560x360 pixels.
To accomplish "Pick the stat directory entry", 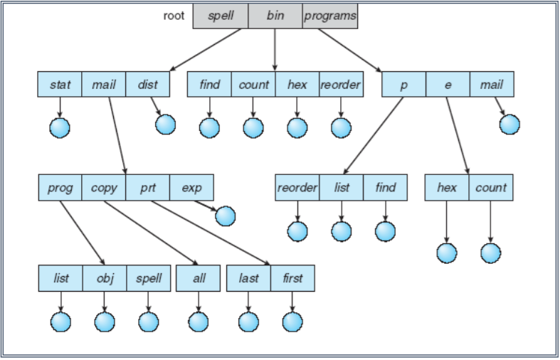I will pyautogui.click(x=60, y=85).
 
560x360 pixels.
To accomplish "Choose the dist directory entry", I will pyautogui.click(x=147, y=85).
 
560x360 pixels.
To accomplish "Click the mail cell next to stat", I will pyautogui.click(x=104, y=85).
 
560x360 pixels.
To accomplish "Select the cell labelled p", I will pyautogui.click(x=403, y=85).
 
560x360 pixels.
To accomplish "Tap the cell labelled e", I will pyautogui.click(x=448, y=85).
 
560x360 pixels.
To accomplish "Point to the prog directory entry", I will pyautogui.click(x=60, y=188).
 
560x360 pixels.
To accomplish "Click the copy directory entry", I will pyautogui.click(x=104, y=188).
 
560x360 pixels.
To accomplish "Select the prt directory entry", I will pyautogui.click(x=147, y=188).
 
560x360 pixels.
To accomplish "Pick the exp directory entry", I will pyautogui.click(x=191, y=188).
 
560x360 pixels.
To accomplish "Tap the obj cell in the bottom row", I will pyautogui.click(x=104, y=278).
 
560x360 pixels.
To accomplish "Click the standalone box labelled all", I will pyautogui.click(x=199, y=278).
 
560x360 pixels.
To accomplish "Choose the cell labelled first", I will pyautogui.click(x=292, y=278).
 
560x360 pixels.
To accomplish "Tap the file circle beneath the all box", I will pyautogui.click(x=199, y=322).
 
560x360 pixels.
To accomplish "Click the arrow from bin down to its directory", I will pyautogui.click(x=275, y=50).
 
